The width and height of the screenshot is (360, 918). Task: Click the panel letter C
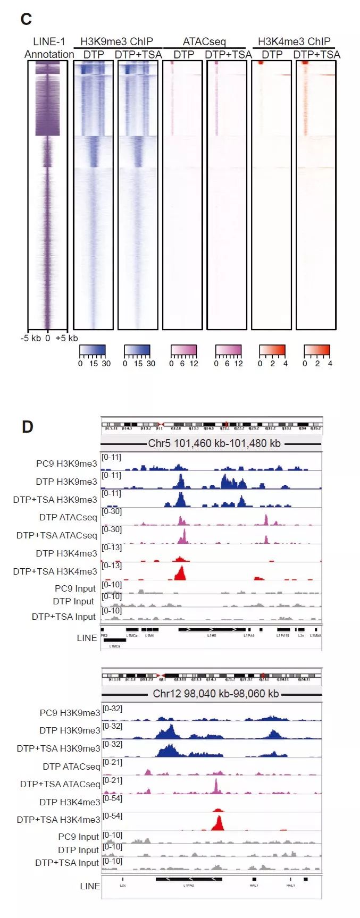pyautogui.click(x=26, y=20)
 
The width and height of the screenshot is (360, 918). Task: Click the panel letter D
pyautogui.click(x=27, y=427)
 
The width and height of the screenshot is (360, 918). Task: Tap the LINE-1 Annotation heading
pyautogui.click(x=49, y=48)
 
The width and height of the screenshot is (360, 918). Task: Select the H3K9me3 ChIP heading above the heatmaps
pyautogui.click(x=116, y=41)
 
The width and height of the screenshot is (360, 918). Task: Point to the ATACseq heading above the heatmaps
pyautogui.click(x=204, y=41)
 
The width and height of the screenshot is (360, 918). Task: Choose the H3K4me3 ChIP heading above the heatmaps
pyautogui.click(x=294, y=41)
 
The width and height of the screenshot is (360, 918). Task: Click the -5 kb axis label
pyautogui.click(x=30, y=338)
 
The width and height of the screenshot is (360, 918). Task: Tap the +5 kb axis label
pyautogui.click(x=66, y=338)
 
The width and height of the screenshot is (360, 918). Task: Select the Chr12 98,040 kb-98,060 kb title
pyautogui.click(x=215, y=694)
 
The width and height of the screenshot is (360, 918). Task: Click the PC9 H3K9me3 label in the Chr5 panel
pyautogui.click(x=66, y=464)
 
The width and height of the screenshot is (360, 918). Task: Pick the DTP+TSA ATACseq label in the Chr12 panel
pyautogui.click(x=60, y=784)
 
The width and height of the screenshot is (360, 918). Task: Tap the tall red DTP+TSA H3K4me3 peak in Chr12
pyautogui.click(x=217, y=823)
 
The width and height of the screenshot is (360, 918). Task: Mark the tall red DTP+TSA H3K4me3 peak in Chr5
pyautogui.click(x=181, y=574)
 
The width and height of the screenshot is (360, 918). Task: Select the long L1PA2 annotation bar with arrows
pyautogui.click(x=188, y=879)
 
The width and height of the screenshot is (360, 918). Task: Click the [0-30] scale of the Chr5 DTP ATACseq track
pyautogui.click(x=112, y=511)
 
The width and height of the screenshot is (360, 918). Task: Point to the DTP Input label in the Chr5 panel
pyautogui.click(x=73, y=601)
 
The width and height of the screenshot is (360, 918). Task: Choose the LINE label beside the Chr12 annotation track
pyautogui.click(x=89, y=886)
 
